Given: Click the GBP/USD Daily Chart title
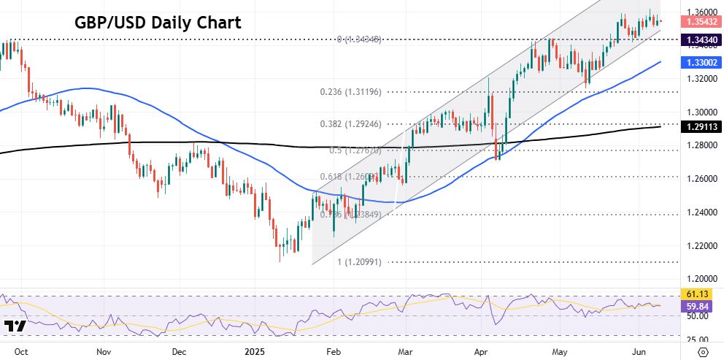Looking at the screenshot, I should (158, 23).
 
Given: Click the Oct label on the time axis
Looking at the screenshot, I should (22, 351).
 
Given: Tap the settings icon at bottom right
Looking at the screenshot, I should (704, 351).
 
